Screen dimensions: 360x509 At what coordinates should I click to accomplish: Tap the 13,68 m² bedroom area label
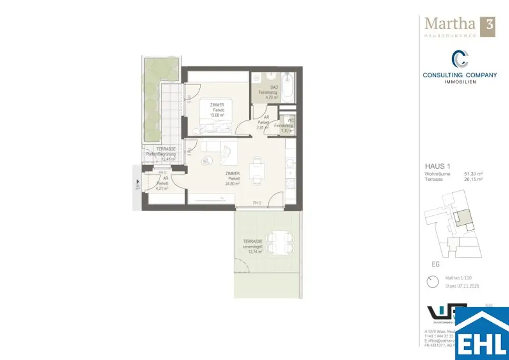(x=217, y=114)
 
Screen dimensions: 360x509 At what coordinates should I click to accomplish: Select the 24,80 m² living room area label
(x=232, y=183)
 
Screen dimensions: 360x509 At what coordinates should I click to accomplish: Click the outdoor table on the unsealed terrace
(x=276, y=243)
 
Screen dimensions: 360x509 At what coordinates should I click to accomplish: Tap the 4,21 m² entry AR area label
(x=162, y=188)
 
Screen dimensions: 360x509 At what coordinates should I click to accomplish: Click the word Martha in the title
(x=449, y=24)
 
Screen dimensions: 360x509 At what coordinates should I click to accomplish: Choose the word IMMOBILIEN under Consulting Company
(x=460, y=82)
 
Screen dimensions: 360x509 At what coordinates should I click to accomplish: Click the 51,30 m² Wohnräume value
(x=474, y=174)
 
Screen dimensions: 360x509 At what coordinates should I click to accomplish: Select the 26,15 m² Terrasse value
(x=474, y=179)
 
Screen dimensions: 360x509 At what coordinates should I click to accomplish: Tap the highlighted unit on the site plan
(x=462, y=217)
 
